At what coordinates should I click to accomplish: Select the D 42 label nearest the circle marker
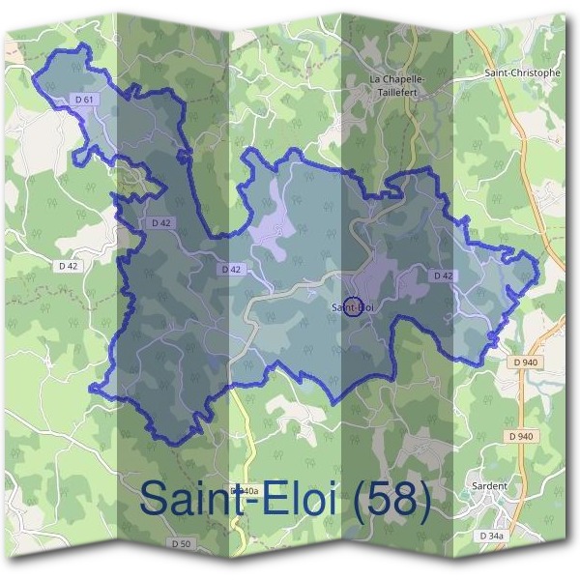[444, 275]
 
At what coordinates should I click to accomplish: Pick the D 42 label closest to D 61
[161, 223]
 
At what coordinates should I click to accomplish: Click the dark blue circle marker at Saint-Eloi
[353, 306]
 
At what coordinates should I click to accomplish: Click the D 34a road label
[494, 535]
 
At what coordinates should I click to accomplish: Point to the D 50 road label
[181, 544]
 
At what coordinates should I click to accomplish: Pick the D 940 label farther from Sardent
[525, 362]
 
